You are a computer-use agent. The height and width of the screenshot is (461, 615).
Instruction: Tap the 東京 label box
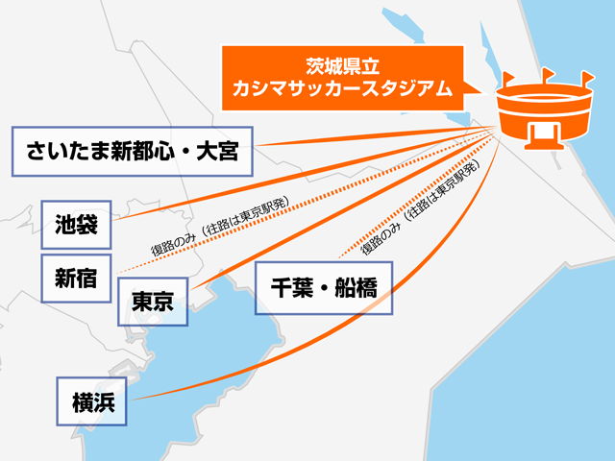tap(152, 302)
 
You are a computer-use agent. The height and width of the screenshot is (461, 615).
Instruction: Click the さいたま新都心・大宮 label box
tap(133, 150)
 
